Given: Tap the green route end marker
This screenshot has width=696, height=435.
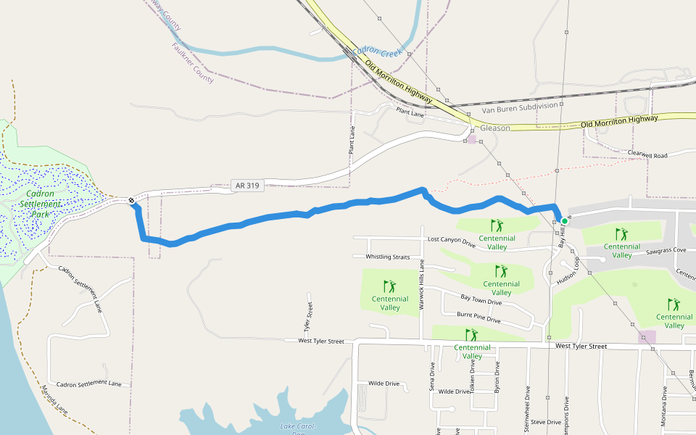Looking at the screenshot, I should click(x=564, y=221).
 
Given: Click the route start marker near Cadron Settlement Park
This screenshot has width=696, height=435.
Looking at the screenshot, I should click(x=131, y=201).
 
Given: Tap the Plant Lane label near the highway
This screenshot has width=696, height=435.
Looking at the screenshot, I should click(x=410, y=112).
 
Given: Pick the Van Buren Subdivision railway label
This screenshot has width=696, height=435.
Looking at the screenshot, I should click(x=520, y=109).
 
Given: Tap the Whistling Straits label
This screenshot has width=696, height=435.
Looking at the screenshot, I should click(x=387, y=257).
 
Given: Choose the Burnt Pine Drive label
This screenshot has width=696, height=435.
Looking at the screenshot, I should click(x=478, y=318).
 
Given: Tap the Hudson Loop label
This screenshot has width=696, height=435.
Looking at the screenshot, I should click(x=566, y=271).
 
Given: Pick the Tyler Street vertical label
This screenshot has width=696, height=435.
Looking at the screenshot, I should click(x=309, y=317).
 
